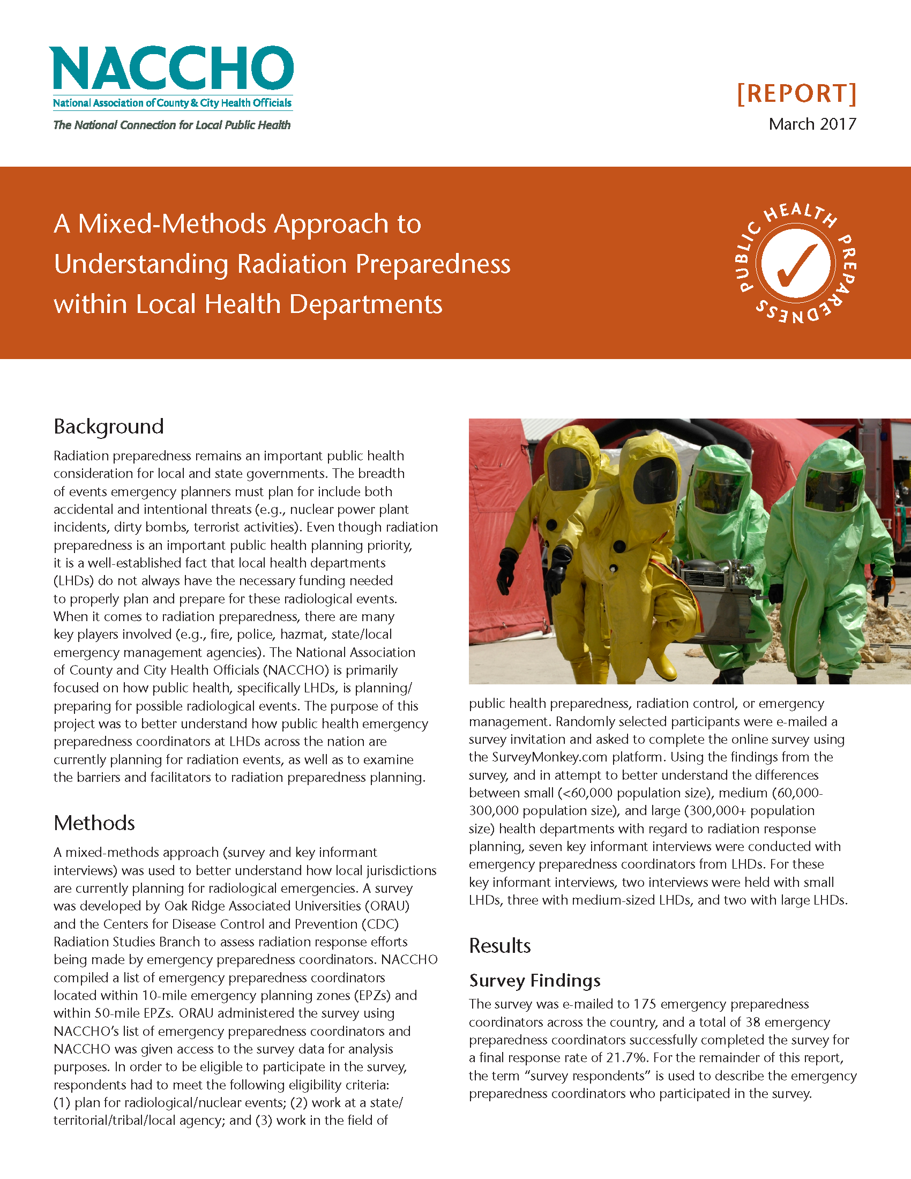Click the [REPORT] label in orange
pos(796,93)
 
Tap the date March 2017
pos(812,124)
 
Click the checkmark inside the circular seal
pos(796,265)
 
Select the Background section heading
pos(108,427)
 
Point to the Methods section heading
pos(94,823)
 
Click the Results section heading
pos(500,946)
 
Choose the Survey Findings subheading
pos(535,980)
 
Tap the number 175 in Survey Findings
pos(644,1004)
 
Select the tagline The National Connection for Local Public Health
pos(171,125)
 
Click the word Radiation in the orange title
pos(292,264)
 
